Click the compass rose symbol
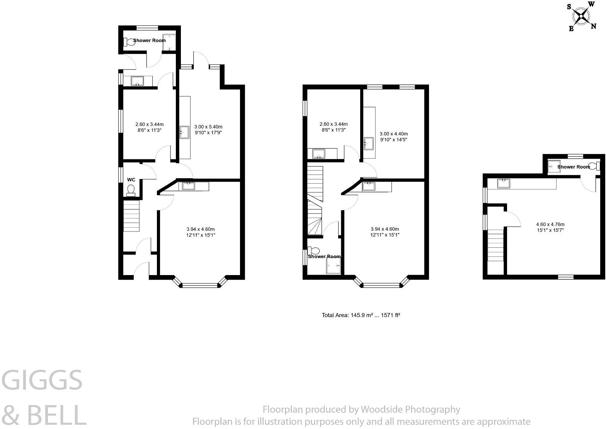coord(581,16)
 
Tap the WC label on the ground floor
coord(131,180)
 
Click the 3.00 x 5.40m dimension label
coord(208,130)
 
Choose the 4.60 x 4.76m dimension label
coord(550,227)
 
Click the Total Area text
coord(361,315)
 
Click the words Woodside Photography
coord(410,409)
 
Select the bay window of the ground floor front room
coord(200,285)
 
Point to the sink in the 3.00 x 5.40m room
coord(184,132)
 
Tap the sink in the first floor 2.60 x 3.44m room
coord(319,154)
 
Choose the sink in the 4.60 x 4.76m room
coord(504,184)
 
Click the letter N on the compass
coord(593,26)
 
